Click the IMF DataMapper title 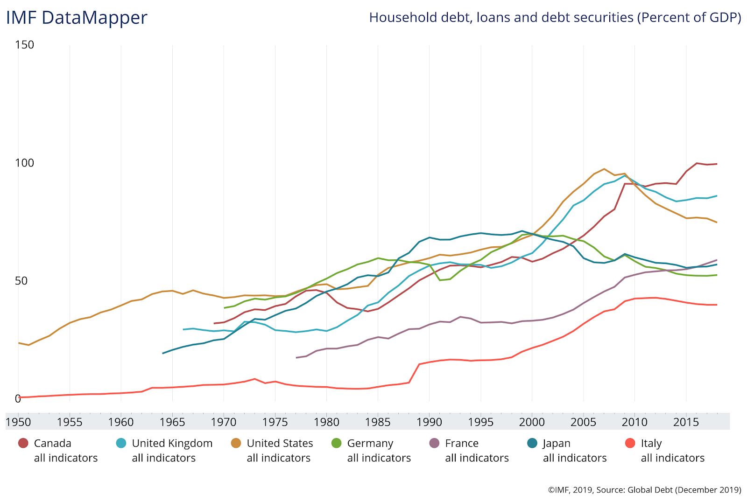pos(77,18)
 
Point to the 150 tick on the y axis pos(24,45)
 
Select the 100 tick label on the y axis pos(24,163)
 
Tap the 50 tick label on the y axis pos(21,281)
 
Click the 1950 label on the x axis pos(19,422)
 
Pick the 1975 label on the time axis pos(275,422)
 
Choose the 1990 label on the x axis pos(429,422)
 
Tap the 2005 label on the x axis pos(583,422)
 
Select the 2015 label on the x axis pos(686,422)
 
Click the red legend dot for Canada pos(23,443)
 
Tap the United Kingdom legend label pos(172,443)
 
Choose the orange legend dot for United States pos(236,443)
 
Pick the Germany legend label pos(370,443)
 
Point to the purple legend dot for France pos(435,443)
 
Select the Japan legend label pos(557,443)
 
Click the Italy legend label pos(651,443)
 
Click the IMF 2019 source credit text pos(644,490)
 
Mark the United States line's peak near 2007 pos(604,169)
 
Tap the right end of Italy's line pos(717,305)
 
